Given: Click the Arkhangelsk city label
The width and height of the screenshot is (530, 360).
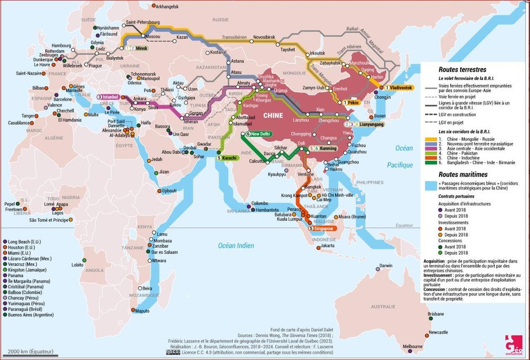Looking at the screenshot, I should (x=168, y=6).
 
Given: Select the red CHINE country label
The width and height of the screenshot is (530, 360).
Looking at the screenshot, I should (x=272, y=115).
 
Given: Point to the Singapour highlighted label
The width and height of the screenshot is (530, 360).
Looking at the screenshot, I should (x=324, y=228).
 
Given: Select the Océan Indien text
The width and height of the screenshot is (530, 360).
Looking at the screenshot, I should (x=236, y=246).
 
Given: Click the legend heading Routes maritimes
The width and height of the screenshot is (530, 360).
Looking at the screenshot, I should (x=462, y=174).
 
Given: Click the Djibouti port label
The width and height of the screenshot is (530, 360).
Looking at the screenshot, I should (x=169, y=190).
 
